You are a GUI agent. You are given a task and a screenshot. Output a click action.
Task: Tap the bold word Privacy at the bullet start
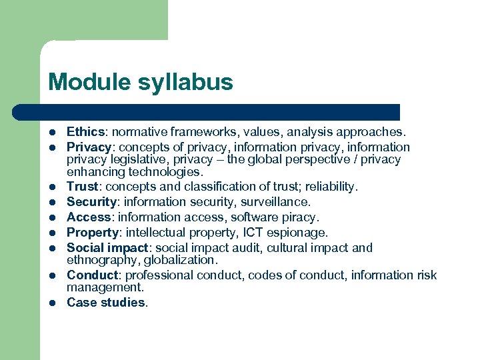[x=89, y=147]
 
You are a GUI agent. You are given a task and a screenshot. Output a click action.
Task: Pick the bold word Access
[x=89, y=217]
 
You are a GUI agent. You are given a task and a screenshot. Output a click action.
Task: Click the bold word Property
[x=91, y=233]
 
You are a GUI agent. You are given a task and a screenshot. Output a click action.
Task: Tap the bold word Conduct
[x=91, y=275]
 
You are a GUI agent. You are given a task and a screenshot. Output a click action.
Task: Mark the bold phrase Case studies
[x=106, y=302]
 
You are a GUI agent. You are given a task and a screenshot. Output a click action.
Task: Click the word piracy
[x=300, y=217]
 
